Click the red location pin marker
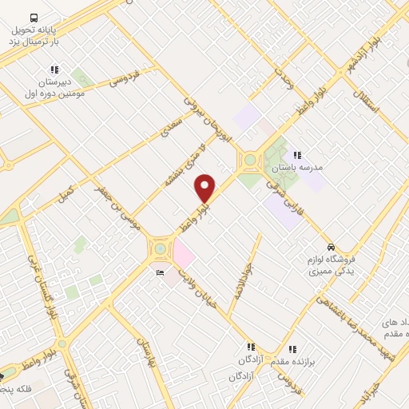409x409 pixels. click(x=205, y=188)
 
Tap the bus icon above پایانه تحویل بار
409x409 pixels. click(x=33, y=18)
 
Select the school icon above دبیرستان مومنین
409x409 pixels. click(x=54, y=69)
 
